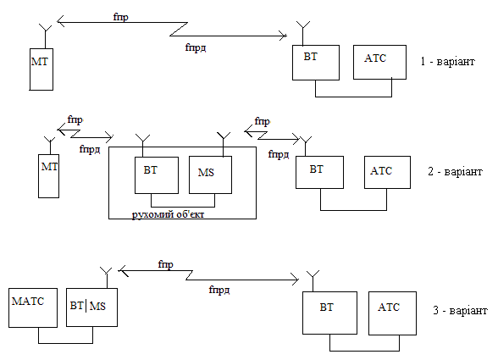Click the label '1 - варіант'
[x=448, y=61]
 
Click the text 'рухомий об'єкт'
[x=168, y=214]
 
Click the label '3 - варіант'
[x=460, y=310]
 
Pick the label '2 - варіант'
[x=455, y=172]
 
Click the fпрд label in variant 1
[x=196, y=47]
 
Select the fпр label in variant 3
[x=165, y=264]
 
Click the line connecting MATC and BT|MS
[x=66, y=343]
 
